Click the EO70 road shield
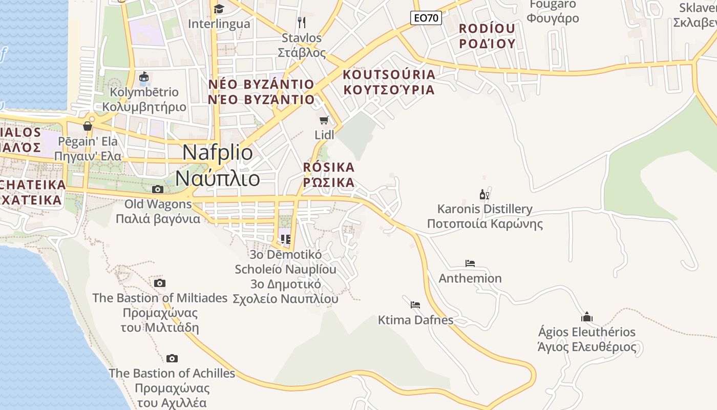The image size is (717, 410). pos(426,18)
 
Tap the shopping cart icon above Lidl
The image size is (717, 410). pos(324,120)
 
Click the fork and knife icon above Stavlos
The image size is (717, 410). pos(302,23)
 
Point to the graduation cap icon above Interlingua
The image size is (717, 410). pos(219,9)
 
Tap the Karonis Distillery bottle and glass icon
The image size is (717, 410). pos(484,194)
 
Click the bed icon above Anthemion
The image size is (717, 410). pos(470,263)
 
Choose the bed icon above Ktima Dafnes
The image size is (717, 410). pos(415,304)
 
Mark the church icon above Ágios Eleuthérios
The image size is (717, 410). pos(587,317)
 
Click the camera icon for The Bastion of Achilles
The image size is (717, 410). pos(172,358)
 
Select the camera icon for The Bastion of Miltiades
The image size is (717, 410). pos(160,283)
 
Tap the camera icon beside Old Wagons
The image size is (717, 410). pos(158,189)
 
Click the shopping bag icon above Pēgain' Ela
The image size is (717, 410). pos(88,126)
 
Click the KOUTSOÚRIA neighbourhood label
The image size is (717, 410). pos(389,82)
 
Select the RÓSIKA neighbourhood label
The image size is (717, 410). pos(329,175)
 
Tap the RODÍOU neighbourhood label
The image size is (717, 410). pos(487,36)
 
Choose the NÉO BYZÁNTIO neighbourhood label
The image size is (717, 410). pos(261,92)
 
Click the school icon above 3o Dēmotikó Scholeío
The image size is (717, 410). pos(286,239)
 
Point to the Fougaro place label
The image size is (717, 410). pos(553,11)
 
